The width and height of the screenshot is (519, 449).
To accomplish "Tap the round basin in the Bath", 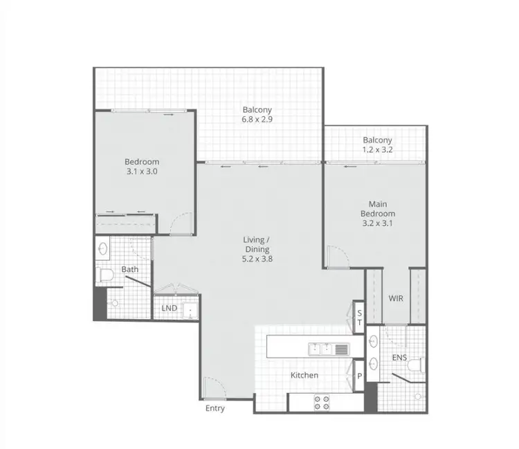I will click(x=103, y=247).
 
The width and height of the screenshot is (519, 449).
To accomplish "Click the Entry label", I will click(x=215, y=408).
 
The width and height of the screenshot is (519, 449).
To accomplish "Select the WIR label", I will click(x=395, y=300).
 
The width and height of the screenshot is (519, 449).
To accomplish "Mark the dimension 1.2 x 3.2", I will click(x=377, y=149).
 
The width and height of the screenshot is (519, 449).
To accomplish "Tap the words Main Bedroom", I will click(x=377, y=208).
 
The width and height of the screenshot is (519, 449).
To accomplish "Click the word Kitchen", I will click(x=304, y=375).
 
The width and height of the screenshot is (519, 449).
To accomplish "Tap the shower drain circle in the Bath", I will click(x=114, y=303).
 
